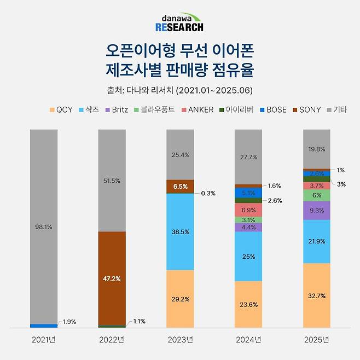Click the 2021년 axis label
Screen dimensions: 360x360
[43, 340]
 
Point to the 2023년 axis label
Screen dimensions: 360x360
[180, 340]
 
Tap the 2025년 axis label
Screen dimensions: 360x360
[317, 340]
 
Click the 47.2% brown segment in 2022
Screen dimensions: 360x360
[112, 278]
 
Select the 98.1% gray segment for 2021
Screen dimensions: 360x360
[43, 226]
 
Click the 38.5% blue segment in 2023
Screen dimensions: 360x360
[180, 231]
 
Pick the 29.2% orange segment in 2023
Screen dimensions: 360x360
[180, 299]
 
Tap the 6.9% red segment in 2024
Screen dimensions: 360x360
[248, 210]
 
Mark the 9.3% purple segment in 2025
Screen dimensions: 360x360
[317, 210]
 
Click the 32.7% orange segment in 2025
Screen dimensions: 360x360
[317, 295]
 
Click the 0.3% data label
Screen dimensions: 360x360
[208, 194]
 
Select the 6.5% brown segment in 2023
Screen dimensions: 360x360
[180, 186]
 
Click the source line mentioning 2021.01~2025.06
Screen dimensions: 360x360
[179, 90]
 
